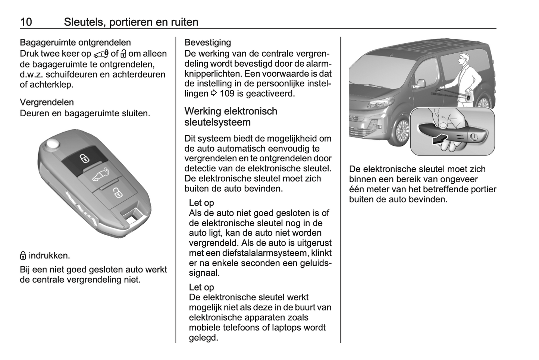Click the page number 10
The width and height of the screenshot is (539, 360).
(26, 22)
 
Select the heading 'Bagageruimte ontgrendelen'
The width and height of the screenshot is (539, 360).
(75, 42)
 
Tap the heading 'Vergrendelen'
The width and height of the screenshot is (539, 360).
(47, 102)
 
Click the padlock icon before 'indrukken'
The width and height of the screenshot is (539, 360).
(23, 256)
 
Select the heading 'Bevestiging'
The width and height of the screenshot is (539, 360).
(207, 42)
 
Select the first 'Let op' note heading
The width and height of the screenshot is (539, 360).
(201, 203)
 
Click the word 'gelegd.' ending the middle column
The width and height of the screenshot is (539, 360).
(203, 338)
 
